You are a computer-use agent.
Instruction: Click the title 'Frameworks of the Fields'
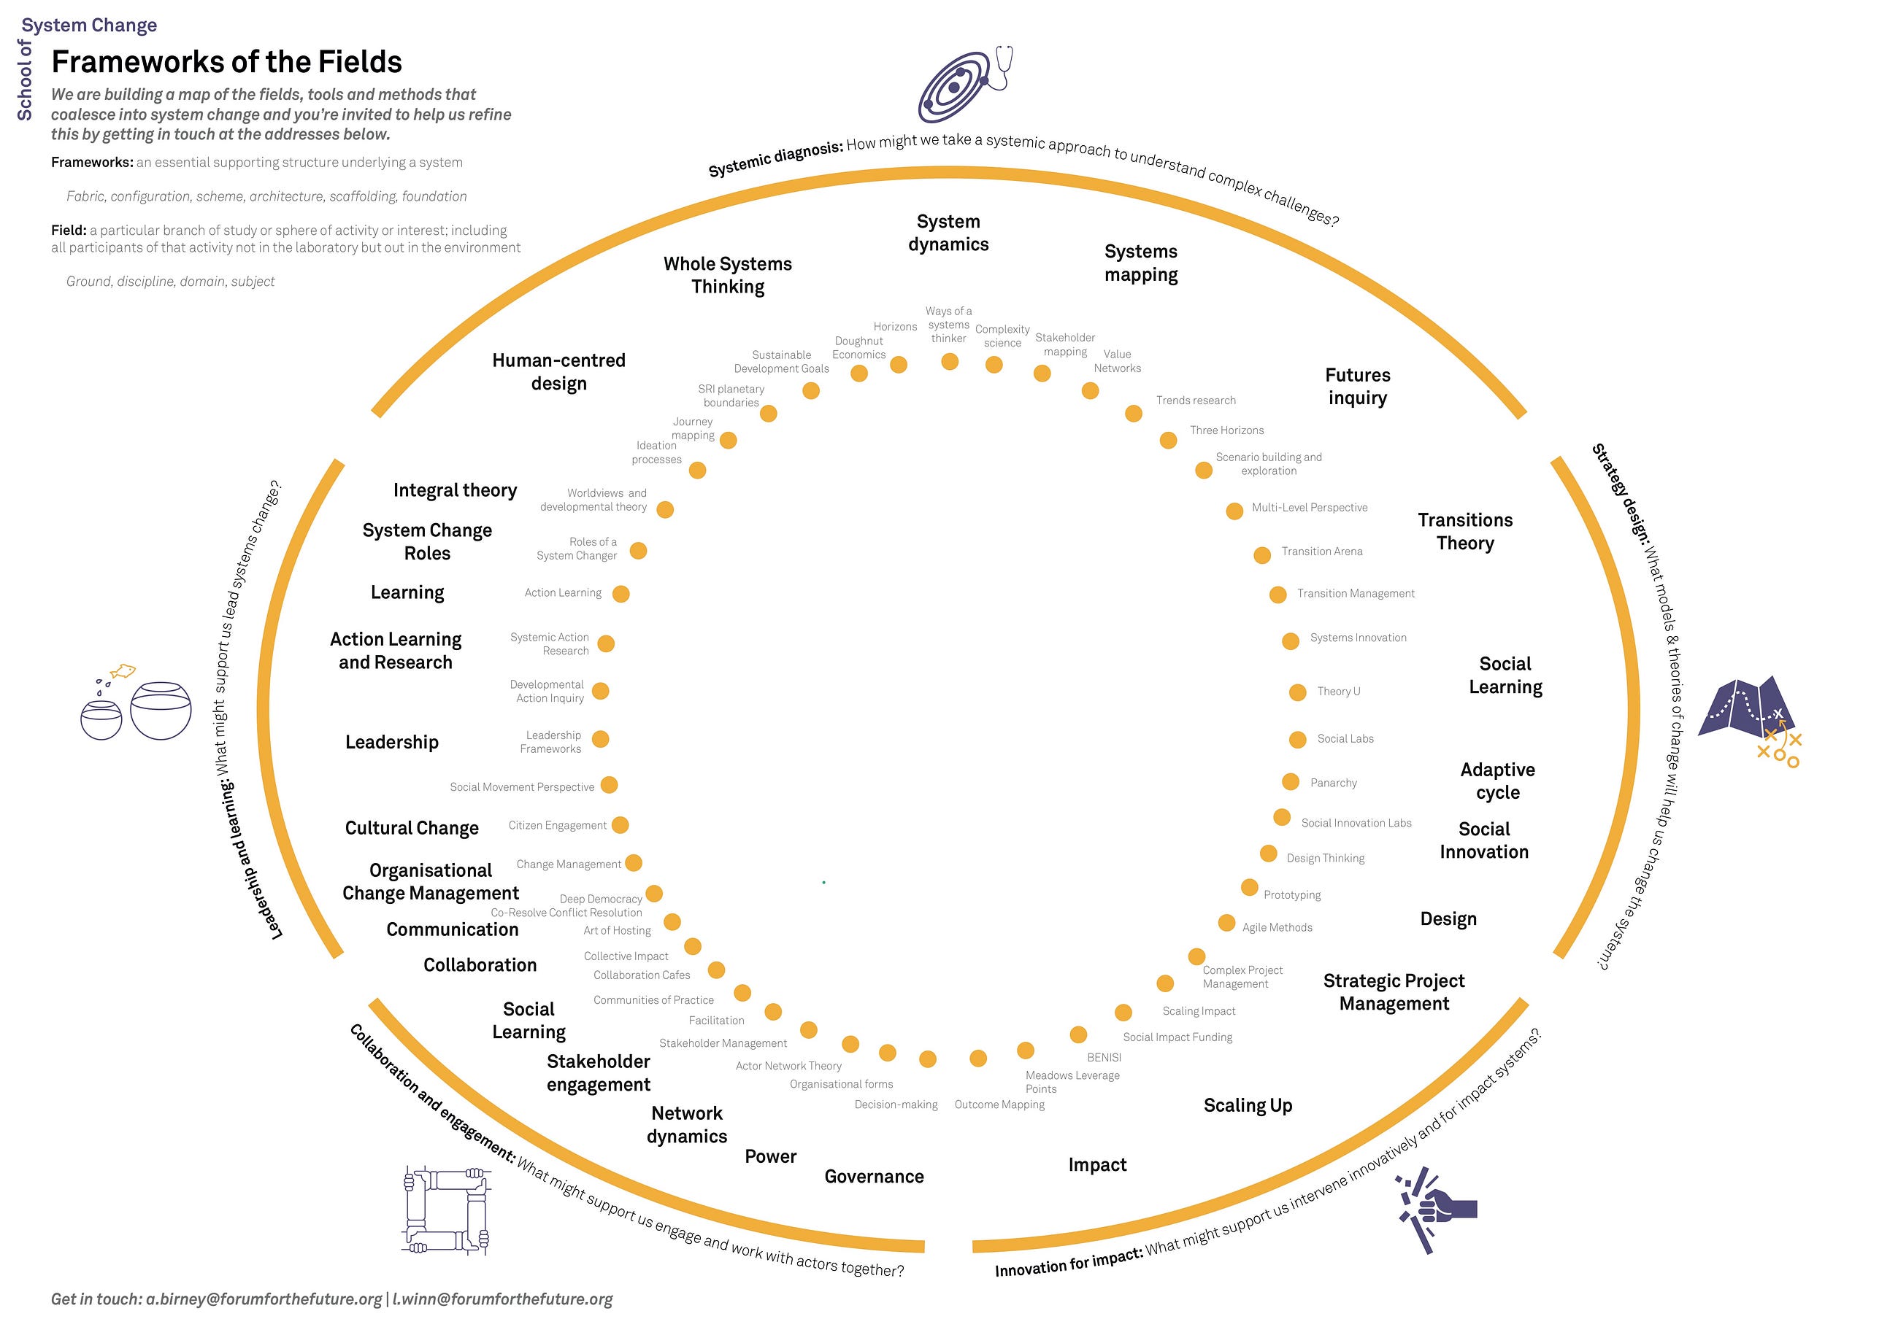pos(226,62)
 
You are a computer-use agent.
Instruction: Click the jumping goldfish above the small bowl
pos(123,671)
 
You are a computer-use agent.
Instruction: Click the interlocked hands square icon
pos(446,1210)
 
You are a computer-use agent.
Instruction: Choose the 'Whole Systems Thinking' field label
pos(728,275)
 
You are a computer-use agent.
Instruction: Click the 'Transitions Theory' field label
pos(1465,531)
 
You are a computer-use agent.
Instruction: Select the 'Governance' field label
pos(874,1177)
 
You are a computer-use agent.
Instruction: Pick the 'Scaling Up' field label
pos(1248,1105)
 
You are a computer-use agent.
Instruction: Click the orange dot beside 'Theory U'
pos(1298,692)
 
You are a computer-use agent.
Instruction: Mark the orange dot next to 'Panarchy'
pos(1291,781)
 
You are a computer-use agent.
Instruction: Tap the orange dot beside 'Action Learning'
pos(620,593)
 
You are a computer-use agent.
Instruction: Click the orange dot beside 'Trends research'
pos(1134,413)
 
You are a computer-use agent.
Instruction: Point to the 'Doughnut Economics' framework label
pos(859,348)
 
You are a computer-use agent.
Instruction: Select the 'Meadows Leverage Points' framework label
pos(1072,1082)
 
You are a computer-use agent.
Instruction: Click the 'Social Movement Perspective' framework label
pos(522,787)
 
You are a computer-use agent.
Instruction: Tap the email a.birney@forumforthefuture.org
pos(264,1299)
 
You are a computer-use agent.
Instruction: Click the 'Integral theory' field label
pos(455,491)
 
